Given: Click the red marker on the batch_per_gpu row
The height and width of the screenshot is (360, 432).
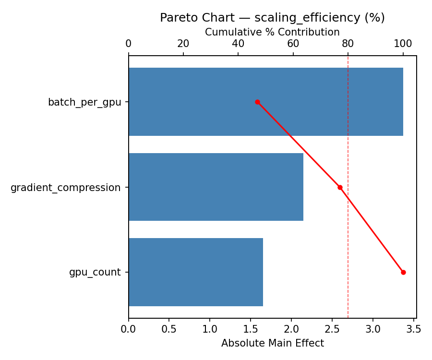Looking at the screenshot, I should click(x=257, y=102).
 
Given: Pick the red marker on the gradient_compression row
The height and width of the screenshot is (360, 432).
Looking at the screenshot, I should click(x=340, y=187).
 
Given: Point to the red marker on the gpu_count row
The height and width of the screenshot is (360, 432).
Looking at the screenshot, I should click(x=403, y=272).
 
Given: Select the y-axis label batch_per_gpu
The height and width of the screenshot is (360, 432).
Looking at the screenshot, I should click(x=84, y=102).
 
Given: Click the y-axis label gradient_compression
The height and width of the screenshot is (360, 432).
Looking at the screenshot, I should click(x=66, y=188).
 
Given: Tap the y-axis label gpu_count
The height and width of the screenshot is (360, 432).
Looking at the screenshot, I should click(x=95, y=273).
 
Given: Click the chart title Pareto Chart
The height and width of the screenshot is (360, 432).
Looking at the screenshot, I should click(x=272, y=18).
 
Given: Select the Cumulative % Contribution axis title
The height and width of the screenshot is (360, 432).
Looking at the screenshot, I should click(x=272, y=32).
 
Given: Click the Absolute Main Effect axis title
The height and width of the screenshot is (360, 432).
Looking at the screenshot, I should click(x=272, y=343).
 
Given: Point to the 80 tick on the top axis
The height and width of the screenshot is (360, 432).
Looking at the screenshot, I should click(x=348, y=44).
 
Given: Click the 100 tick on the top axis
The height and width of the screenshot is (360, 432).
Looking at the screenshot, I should click(x=403, y=44).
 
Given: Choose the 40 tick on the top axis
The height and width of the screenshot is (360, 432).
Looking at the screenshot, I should click(x=238, y=44).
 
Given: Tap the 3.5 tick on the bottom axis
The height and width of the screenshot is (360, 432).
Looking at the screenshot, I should click(x=414, y=329).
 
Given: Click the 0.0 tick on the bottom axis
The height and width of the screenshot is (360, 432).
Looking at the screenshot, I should click(x=129, y=329).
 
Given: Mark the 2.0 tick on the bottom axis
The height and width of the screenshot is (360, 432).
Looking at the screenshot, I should click(x=291, y=329).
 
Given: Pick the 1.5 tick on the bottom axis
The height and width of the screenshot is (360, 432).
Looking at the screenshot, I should click(x=251, y=329).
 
